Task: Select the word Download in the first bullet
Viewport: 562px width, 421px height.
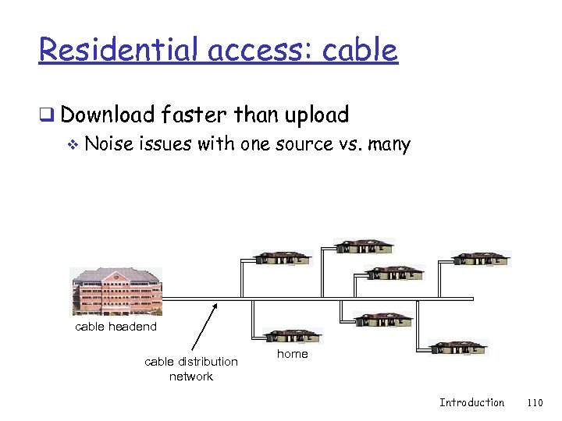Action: (108, 115)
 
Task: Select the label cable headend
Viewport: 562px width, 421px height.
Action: (116, 327)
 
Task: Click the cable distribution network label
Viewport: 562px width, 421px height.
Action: (191, 369)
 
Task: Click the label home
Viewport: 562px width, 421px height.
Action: (293, 354)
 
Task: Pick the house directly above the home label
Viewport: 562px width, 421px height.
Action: (293, 336)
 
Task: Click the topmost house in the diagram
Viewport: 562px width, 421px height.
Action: (365, 246)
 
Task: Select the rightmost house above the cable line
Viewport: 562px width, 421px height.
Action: (480, 259)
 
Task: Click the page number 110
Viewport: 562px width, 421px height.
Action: (535, 402)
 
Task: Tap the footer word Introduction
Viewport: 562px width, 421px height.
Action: (471, 402)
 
